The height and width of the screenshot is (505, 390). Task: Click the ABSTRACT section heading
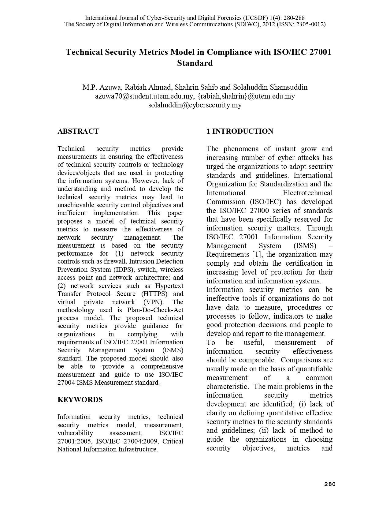[x=78, y=131]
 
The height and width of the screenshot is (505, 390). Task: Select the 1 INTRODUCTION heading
[x=240, y=131]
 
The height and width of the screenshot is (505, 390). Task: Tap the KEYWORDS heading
[x=80, y=400]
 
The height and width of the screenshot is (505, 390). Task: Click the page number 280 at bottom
[x=330, y=484]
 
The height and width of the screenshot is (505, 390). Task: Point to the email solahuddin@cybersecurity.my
[x=195, y=105]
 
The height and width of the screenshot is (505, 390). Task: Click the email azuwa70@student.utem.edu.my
[x=144, y=96]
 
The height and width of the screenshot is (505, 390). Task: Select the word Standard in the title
[x=195, y=63]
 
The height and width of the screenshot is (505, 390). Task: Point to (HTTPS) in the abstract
[x=154, y=294]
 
